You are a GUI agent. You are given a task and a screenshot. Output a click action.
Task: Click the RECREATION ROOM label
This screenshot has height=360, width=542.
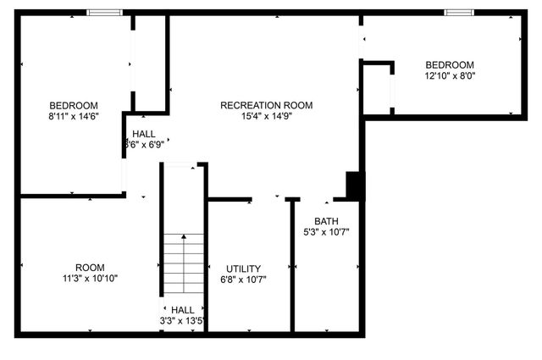pos(266,106)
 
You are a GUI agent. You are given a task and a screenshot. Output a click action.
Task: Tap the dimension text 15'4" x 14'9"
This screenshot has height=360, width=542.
pos(266,117)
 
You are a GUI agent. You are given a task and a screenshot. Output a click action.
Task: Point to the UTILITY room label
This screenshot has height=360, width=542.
pos(243,269)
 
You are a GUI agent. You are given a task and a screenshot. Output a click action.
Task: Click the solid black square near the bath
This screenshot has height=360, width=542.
pos(354,186)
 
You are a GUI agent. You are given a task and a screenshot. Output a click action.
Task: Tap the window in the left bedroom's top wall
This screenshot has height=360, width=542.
pos(105,13)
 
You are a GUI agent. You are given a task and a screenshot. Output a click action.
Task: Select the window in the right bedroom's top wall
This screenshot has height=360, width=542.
pos(459,13)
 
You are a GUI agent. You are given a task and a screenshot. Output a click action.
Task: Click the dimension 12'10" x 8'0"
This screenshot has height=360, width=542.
pos(450,76)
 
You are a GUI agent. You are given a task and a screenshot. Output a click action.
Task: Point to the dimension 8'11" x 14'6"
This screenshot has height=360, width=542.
pos(75,117)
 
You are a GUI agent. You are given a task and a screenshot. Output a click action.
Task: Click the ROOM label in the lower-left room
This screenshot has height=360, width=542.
pos(90,268)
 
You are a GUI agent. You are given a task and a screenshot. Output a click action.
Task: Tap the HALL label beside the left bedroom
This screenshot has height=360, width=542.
pos(144,134)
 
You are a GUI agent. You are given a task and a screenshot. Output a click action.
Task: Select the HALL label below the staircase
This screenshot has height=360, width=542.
pos(183,310)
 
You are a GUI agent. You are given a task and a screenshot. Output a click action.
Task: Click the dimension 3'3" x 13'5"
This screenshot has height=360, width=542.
pos(183,321)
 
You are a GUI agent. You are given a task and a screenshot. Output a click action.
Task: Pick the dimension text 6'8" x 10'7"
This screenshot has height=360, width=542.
pos(243,280)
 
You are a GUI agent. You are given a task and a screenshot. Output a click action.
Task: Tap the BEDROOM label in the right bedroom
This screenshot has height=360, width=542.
pos(450,65)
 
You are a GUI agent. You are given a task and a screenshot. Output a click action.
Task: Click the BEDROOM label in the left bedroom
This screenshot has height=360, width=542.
pos(75,106)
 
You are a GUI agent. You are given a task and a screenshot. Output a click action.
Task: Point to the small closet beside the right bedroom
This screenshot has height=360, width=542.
pos(377,87)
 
